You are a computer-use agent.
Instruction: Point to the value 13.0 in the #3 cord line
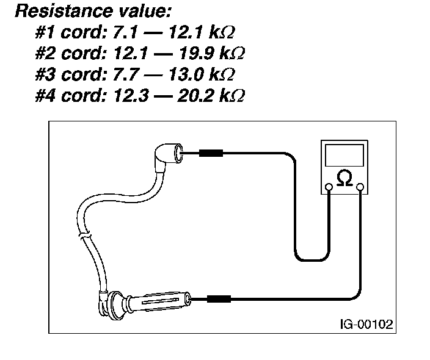coord(189,74)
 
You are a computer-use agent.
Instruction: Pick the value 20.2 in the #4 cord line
coord(200,96)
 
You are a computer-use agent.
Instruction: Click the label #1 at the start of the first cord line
coord(46,31)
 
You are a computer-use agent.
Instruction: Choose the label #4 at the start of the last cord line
coord(46,96)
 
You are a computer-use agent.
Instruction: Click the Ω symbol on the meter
coord(344,178)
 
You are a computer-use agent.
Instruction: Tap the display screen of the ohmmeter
coord(345,156)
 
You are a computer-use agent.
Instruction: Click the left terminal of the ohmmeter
coord(329,186)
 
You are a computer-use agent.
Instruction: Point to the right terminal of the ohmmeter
coord(360,186)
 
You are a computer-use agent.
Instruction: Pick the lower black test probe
coord(219,299)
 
